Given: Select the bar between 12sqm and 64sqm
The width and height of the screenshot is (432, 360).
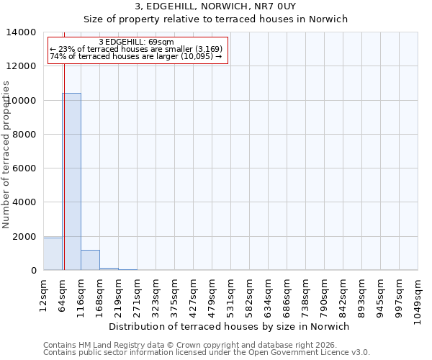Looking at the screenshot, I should click(53, 254).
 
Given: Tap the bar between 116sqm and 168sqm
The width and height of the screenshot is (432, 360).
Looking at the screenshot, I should click(90, 260).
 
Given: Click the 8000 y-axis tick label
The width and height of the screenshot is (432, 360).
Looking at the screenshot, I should click(23, 135).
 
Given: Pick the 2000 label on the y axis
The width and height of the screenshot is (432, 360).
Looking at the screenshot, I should click(23, 237).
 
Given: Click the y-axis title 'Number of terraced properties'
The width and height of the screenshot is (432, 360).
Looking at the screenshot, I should click(6, 154).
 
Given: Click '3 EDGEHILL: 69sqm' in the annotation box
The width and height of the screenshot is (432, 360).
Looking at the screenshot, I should click(136, 42).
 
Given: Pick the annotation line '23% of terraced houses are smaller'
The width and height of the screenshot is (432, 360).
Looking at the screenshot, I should click(136, 49).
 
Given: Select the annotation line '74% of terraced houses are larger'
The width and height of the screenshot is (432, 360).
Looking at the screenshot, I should click(136, 56).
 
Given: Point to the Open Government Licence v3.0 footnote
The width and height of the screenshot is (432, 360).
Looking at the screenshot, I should click(207, 353).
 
